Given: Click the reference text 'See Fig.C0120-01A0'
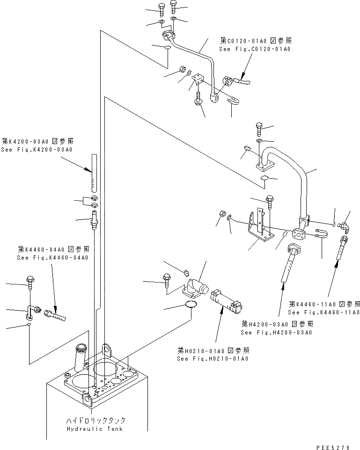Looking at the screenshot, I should [x=255, y=49].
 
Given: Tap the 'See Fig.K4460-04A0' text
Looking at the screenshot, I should [x=52, y=258].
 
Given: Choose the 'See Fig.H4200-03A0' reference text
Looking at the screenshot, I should [x=276, y=333].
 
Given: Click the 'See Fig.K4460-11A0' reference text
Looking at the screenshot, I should [x=323, y=312].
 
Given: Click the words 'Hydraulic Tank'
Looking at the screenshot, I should [x=95, y=429].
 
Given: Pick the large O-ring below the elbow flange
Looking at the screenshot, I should [x=191, y=305].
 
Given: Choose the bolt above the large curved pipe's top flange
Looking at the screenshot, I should [x=259, y=128].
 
